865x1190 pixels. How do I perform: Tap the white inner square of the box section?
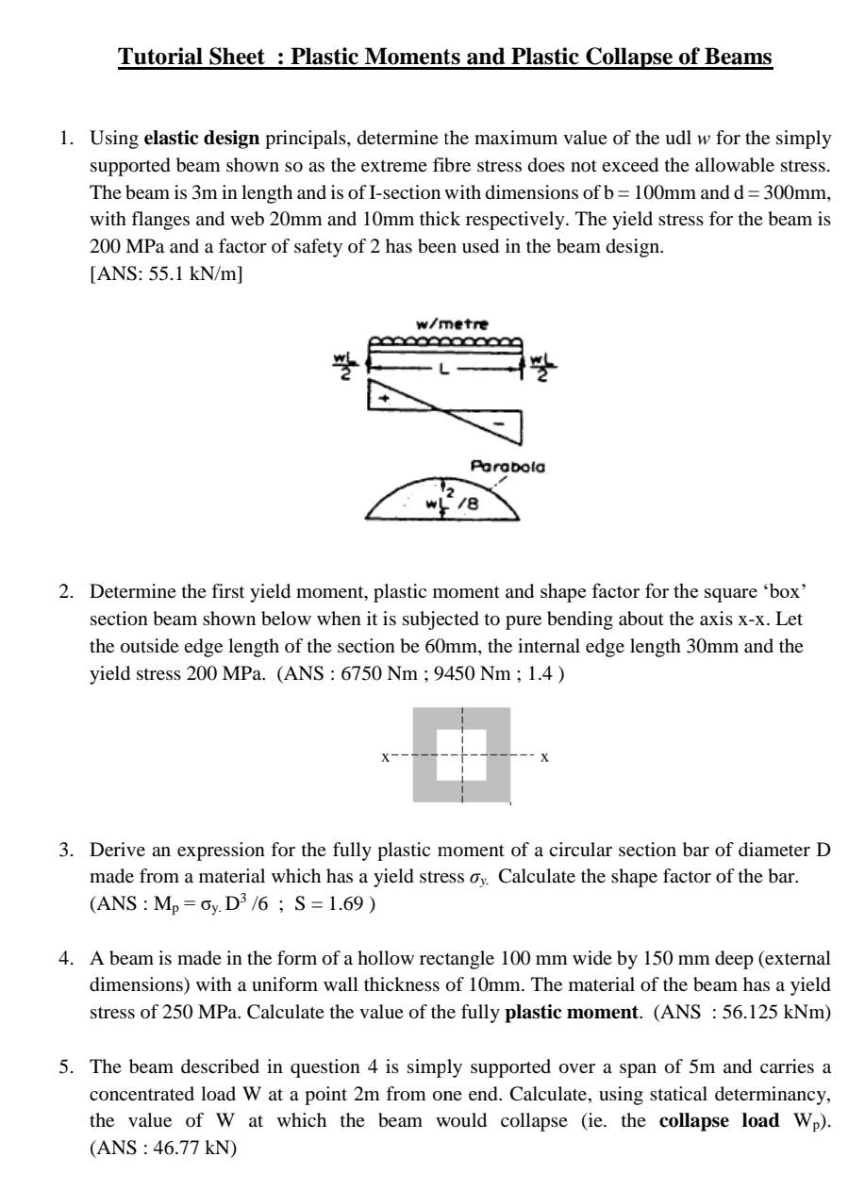tap(462, 754)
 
